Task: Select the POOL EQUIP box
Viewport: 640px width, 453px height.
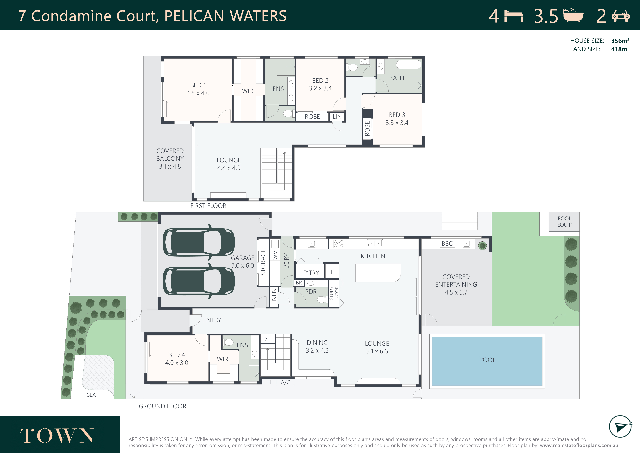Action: click(564, 221)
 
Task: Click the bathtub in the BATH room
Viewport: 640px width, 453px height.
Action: click(409, 64)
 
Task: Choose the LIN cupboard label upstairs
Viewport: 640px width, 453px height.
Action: click(337, 117)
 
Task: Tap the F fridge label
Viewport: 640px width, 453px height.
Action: click(332, 272)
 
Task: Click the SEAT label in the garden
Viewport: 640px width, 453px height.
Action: click(92, 395)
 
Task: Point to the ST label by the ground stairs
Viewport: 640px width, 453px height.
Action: click(267, 338)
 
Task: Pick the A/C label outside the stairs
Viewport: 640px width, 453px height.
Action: click(285, 382)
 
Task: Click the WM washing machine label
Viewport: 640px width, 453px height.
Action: click(275, 255)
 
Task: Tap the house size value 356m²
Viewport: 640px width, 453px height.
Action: click(620, 41)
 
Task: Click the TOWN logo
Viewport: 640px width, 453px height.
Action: click(57, 435)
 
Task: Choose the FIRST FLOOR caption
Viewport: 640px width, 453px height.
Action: click(208, 206)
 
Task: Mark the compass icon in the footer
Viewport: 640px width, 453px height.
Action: click(620, 427)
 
